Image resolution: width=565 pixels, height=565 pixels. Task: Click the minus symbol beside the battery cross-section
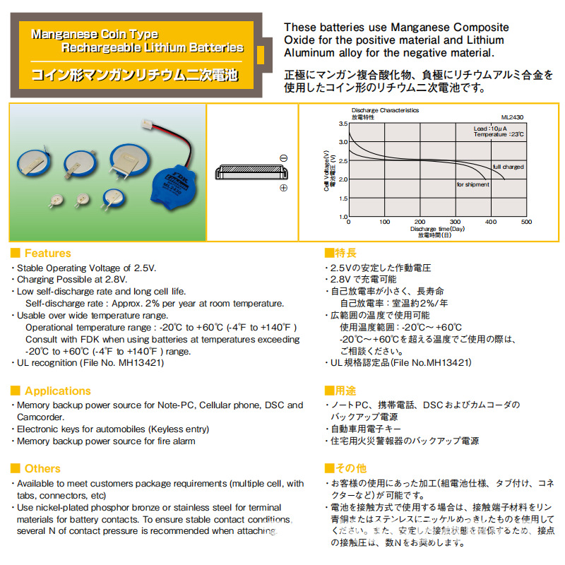click(283, 158)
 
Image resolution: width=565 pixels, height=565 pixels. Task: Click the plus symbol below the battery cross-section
click(283, 188)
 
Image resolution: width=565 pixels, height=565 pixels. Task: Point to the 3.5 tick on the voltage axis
click(343, 124)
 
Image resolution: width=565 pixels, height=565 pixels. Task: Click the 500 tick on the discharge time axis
click(526, 222)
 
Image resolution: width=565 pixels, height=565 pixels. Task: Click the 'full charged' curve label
click(508, 167)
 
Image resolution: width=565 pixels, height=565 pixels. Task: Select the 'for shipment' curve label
click(472, 184)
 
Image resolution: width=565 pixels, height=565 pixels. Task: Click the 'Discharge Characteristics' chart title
click(385, 110)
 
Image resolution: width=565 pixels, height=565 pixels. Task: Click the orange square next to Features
click(15, 253)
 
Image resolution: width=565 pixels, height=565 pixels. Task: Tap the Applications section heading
click(58, 391)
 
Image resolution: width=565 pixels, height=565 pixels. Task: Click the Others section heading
click(42, 468)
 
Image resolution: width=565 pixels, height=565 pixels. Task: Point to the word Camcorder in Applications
click(41, 417)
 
